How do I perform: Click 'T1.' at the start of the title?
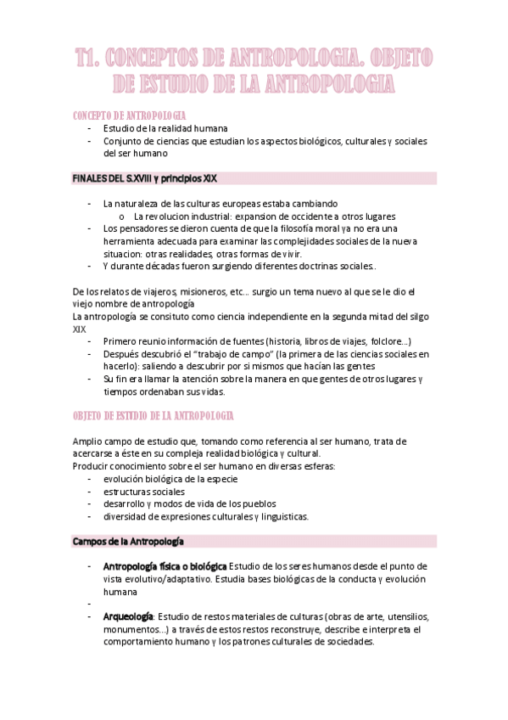[89, 59]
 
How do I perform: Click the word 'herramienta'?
[130, 241]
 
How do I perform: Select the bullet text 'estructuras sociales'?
[143, 491]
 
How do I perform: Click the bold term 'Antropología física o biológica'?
[165, 566]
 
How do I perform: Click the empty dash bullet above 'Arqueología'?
[89, 604]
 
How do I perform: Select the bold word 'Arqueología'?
[128, 616]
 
